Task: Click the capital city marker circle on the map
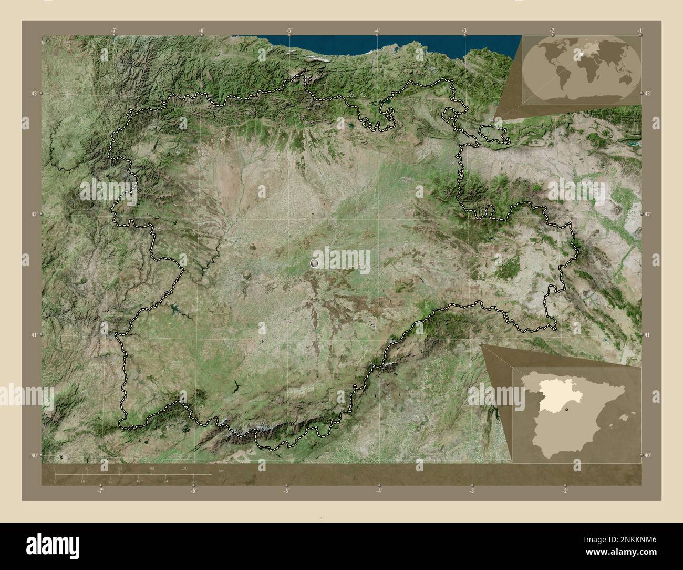click(x=315, y=263)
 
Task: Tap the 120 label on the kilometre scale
click(x=184, y=468)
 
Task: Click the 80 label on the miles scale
click(x=193, y=481)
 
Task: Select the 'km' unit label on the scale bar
click(x=221, y=471)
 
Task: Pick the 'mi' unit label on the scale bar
click(x=221, y=479)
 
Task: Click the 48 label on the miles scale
click(x=138, y=481)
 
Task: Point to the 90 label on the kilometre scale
click(x=152, y=468)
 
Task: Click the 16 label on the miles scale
click(x=83, y=481)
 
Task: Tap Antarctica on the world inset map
click(x=583, y=97)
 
